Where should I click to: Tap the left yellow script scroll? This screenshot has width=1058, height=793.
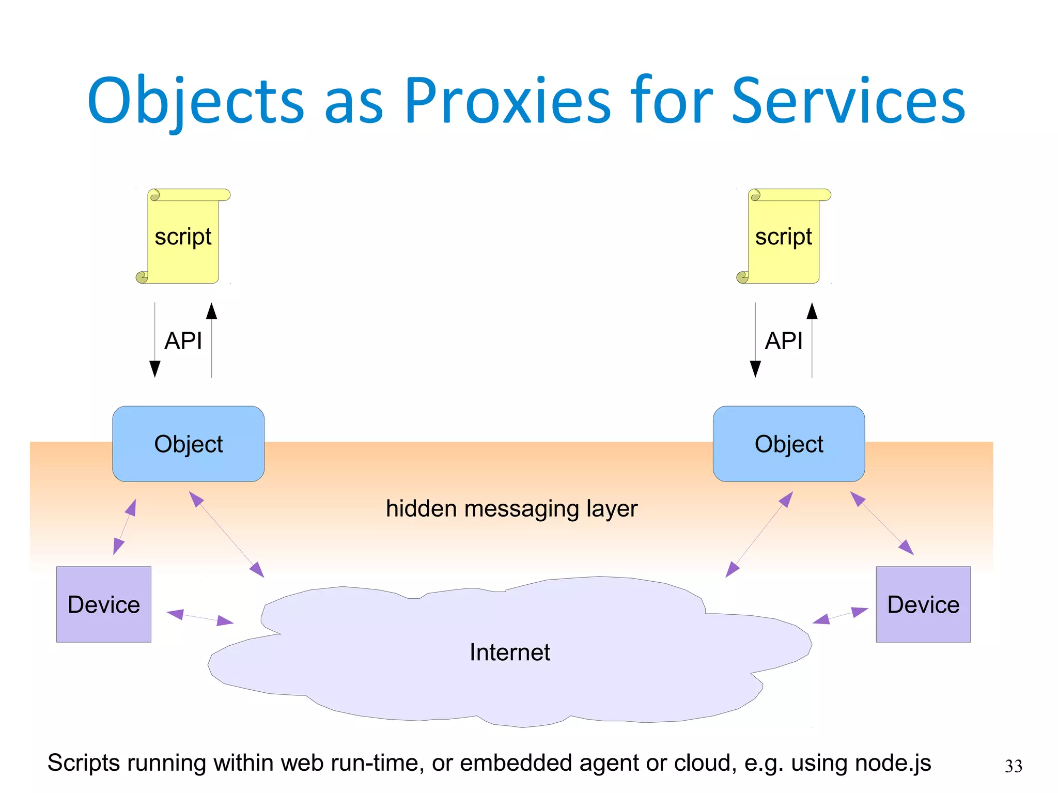point(183,237)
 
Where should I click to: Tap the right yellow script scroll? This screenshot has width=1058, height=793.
point(784,237)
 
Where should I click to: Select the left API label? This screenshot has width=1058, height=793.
point(183,341)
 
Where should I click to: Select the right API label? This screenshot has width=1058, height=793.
point(783,341)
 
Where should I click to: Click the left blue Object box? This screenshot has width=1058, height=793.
point(189,444)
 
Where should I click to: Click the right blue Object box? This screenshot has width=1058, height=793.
point(789,444)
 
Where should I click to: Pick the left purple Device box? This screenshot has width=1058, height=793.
point(104,604)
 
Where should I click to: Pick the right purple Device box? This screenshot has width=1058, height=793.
point(923,604)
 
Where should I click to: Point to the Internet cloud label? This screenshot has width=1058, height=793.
point(510,652)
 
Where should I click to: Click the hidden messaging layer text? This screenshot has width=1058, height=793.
point(511,509)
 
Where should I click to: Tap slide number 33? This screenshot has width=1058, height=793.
point(1013,766)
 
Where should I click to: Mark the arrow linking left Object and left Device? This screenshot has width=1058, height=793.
point(125,527)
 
